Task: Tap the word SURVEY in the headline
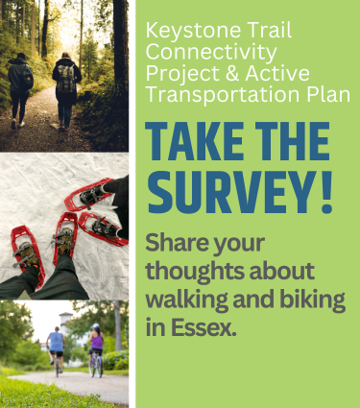click(x=229, y=191)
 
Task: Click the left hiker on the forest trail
click(x=21, y=86)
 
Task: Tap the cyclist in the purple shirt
click(x=96, y=348)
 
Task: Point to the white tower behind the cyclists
click(x=64, y=319)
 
